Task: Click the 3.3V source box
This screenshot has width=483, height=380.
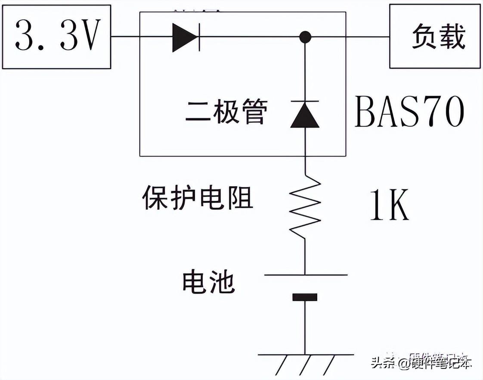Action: click(x=56, y=37)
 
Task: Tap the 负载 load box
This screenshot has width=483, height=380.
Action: click(x=435, y=37)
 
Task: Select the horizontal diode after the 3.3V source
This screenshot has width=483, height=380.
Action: click(x=186, y=37)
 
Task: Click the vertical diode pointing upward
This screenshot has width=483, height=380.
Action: click(x=305, y=114)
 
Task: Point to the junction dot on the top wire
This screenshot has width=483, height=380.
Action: click(x=305, y=37)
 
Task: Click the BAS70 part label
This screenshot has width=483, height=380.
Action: click(x=409, y=112)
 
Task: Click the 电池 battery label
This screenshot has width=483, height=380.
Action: click(x=209, y=282)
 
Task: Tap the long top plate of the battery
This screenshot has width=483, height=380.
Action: click(x=305, y=274)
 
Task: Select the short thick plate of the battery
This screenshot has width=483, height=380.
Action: click(x=305, y=297)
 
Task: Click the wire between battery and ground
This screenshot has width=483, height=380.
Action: click(x=305, y=327)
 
